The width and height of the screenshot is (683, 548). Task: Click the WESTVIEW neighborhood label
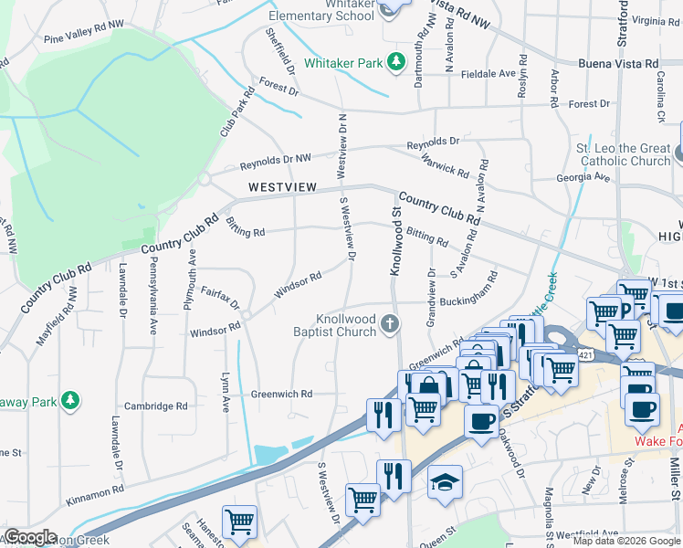[282, 187]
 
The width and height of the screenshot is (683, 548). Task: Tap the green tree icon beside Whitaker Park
[396, 61]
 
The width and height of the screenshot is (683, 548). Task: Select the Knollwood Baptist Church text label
[345, 325]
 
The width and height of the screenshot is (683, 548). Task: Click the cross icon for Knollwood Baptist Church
[390, 323]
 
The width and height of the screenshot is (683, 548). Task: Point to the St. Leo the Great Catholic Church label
[622, 154]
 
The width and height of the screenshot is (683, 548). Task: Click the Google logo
[30, 537]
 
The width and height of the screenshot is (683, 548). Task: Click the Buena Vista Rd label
[618, 64]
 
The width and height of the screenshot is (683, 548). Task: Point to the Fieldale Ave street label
[489, 73]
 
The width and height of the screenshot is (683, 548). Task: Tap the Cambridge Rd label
[155, 406]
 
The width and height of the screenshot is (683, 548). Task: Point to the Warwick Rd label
[445, 163]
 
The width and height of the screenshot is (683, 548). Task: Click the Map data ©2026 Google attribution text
[626, 541]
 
